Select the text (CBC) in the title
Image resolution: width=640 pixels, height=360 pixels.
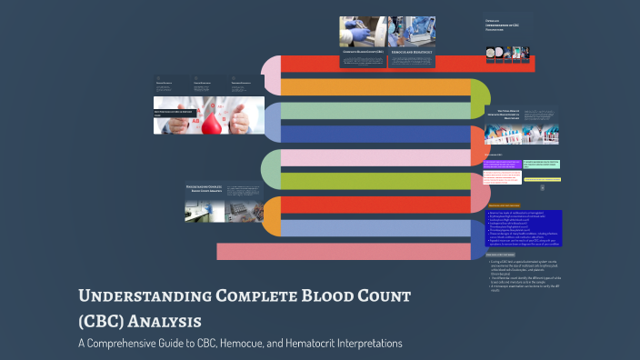click(x=103, y=321)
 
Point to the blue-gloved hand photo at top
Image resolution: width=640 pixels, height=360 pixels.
click(x=362, y=32)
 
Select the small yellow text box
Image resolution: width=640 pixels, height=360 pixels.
click(x=541, y=179)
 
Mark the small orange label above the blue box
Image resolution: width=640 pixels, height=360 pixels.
click(x=502, y=205)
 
